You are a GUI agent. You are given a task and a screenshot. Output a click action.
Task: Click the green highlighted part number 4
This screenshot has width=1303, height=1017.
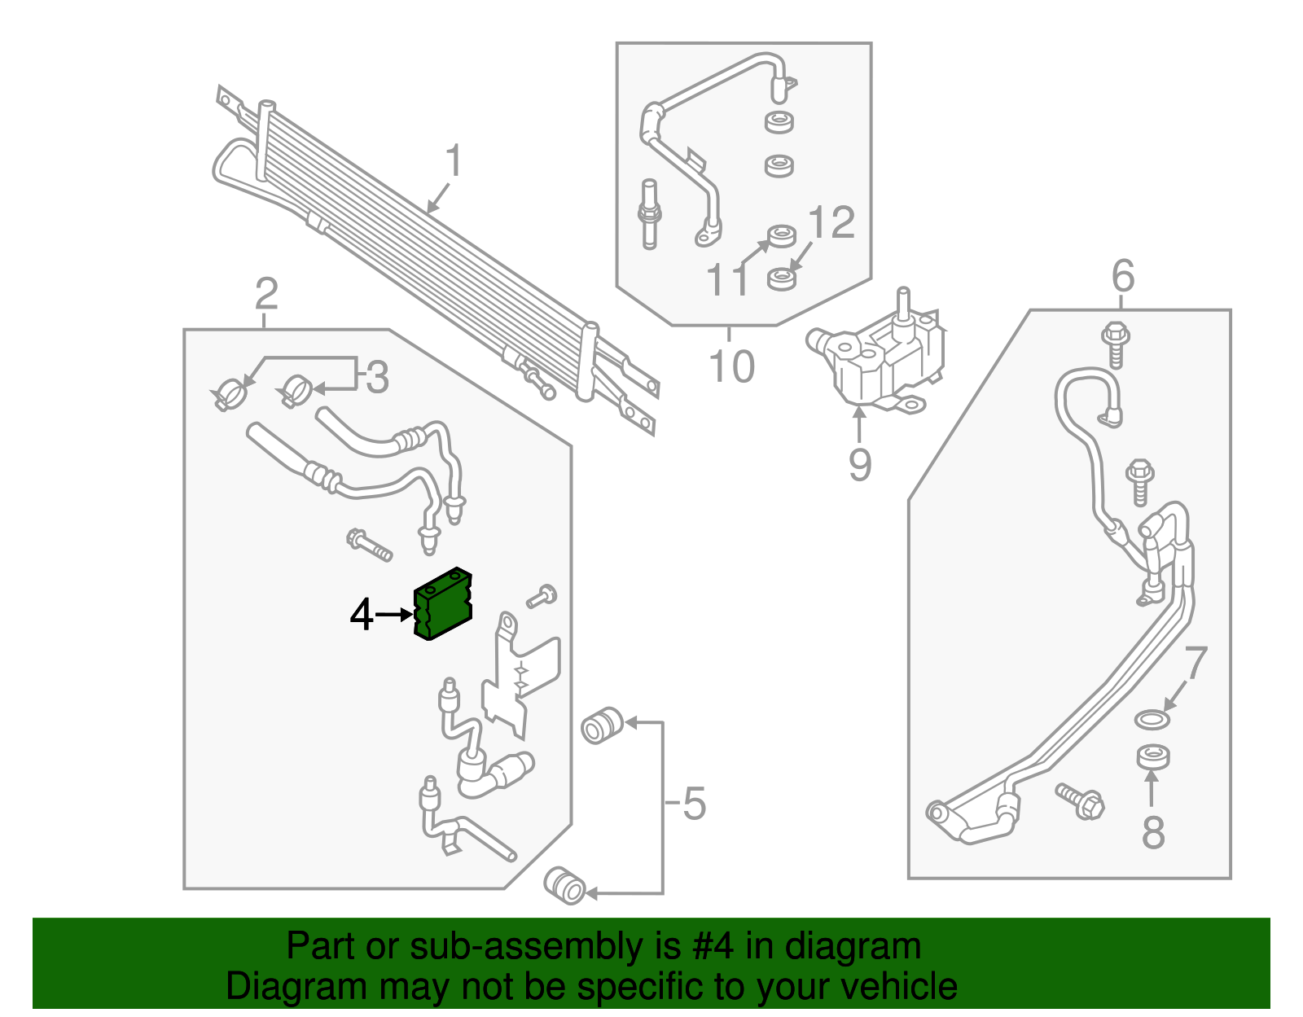click(444, 605)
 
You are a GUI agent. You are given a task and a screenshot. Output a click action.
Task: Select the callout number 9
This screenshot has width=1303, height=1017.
click(860, 465)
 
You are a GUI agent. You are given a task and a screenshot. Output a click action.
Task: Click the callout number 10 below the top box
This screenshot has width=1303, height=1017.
click(731, 366)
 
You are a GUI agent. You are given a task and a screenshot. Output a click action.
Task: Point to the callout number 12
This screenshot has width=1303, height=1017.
click(831, 222)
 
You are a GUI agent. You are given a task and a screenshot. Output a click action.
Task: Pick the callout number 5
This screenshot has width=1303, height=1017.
click(693, 804)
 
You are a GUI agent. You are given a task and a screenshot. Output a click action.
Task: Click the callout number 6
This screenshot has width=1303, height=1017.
click(1122, 276)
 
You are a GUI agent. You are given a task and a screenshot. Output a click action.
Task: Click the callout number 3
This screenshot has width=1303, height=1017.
click(376, 378)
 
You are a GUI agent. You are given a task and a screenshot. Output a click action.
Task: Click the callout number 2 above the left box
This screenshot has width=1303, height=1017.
click(265, 294)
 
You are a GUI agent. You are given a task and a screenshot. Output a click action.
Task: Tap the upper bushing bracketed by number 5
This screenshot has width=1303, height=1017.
click(602, 725)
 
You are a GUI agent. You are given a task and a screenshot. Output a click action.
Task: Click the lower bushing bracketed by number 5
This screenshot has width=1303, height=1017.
click(564, 886)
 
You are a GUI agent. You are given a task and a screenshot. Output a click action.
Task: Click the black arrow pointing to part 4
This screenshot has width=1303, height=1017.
click(395, 615)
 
